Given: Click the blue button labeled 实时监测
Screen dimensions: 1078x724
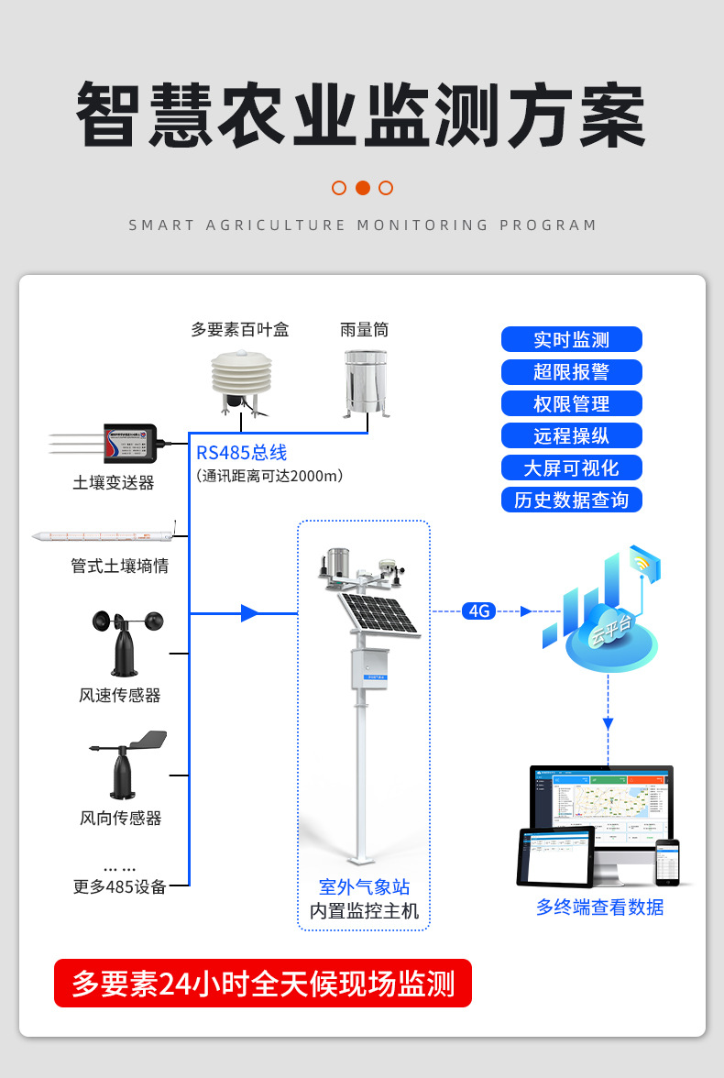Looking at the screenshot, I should pos(571,340).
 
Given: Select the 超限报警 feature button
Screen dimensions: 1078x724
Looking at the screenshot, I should pos(571,372).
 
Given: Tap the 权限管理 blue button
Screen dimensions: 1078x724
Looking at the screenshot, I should pos(571,403).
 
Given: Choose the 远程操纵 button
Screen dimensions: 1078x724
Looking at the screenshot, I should pos(571,435).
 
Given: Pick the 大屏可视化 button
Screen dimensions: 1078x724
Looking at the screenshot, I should pos(571,467).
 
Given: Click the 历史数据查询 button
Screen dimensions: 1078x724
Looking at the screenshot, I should pos(571,500).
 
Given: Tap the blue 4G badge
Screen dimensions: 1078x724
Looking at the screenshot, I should pos(478,610).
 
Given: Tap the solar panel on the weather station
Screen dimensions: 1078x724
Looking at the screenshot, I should pos(378,614).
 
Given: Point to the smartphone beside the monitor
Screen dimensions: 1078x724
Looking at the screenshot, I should pos(668,862).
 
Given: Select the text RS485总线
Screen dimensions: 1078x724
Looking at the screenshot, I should pos(242,453).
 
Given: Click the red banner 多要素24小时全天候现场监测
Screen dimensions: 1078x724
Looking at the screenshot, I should pos(263,984).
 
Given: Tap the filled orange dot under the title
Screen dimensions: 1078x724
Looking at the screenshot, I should pos(362,188).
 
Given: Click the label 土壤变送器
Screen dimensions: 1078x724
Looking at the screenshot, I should pos(114,482).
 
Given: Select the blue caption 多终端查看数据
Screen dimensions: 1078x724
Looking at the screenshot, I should pos(599,907).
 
